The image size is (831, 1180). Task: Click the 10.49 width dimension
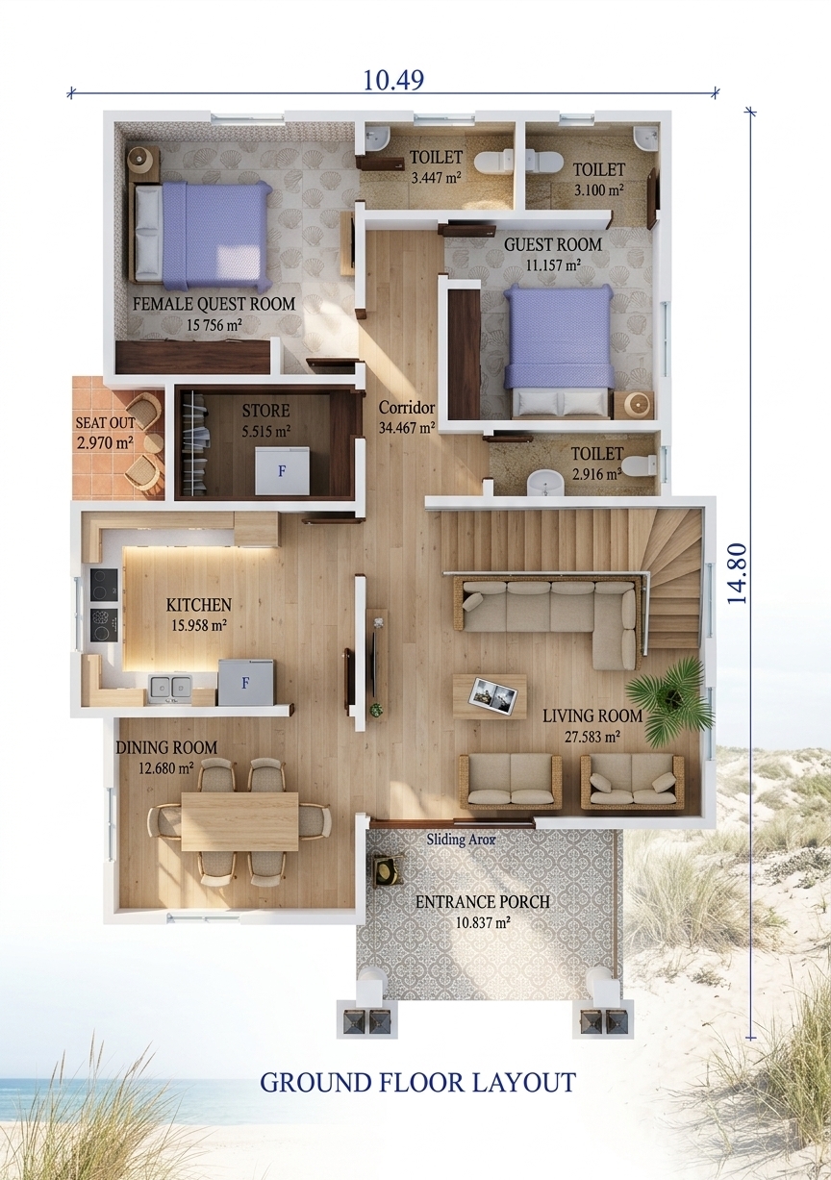pyautogui.click(x=393, y=80)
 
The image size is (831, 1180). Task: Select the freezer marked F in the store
pyautogui.click(x=282, y=470)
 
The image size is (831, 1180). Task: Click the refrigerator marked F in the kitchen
pyautogui.click(x=245, y=682)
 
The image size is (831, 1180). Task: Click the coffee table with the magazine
pyautogui.click(x=490, y=696)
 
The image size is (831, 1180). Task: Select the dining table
pyautogui.click(x=239, y=821)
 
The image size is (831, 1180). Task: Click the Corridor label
pyautogui.click(x=407, y=407)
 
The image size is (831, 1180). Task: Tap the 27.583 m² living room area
pyautogui.click(x=592, y=737)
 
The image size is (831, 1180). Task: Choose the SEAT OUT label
pyautogui.click(x=106, y=422)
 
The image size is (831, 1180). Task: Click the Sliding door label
pyautogui.click(x=461, y=840)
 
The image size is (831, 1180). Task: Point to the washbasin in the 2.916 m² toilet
pyautogui.click(x=546, y=483)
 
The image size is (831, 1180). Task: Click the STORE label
pyautogui.click(x=265, y=411)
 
